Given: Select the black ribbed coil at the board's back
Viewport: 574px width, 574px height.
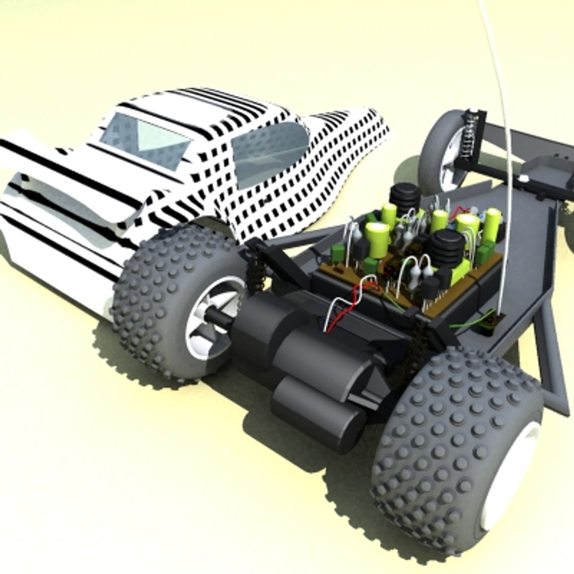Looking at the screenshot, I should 406,196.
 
